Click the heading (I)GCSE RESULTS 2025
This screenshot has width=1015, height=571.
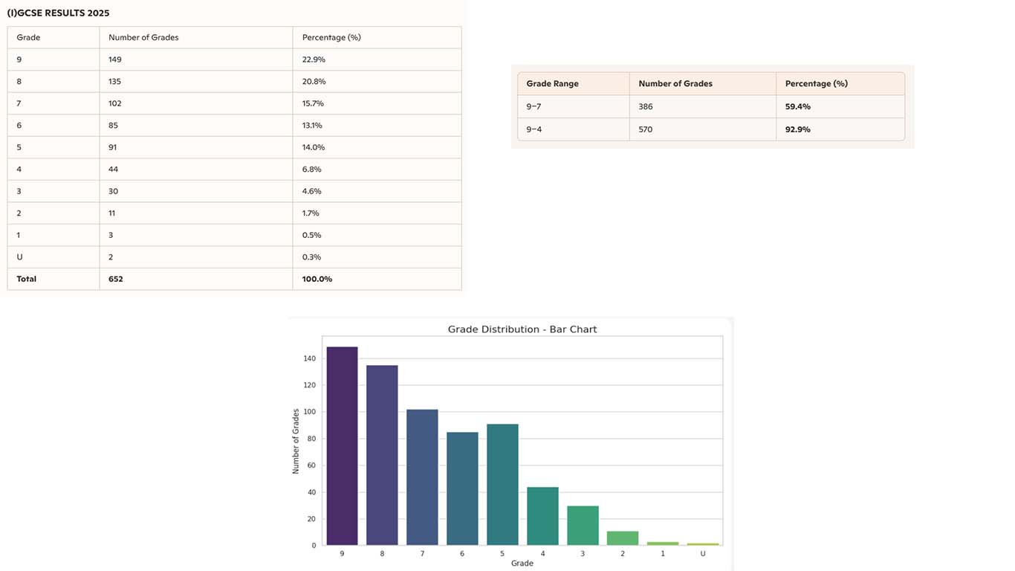58,13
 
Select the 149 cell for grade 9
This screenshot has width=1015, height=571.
114,59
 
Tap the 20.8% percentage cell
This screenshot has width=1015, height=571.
314,81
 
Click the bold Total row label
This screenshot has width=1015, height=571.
26,279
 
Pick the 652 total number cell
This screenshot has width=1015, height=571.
115,279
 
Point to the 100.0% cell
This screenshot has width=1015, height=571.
317,279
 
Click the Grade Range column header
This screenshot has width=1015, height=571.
552,84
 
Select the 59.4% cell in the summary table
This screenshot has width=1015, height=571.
797,106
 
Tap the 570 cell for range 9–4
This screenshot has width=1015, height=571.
646,129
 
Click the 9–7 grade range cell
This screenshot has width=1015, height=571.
534,106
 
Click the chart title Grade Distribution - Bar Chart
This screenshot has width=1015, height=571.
522,329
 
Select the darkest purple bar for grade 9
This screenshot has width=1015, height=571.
342,446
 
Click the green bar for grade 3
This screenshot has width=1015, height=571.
583,526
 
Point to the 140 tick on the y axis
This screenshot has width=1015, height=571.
309,358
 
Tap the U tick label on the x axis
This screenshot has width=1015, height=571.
703,554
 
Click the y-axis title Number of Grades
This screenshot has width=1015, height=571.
296,441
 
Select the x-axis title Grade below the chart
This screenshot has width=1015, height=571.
522,564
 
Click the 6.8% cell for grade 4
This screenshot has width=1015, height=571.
311,169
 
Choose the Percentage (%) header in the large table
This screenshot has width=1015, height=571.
331,37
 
